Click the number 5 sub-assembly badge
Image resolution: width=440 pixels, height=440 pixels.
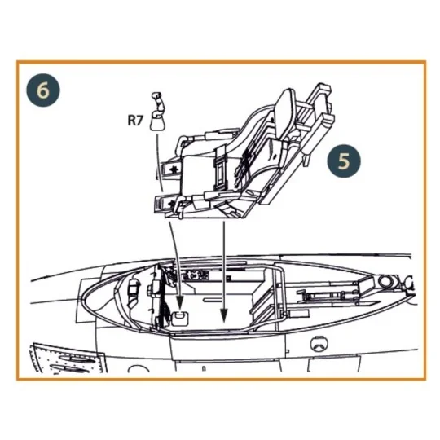tap(345, 161)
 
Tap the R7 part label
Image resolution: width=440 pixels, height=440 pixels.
tap(136, 121)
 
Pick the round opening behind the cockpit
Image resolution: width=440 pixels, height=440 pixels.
tap(383, 281)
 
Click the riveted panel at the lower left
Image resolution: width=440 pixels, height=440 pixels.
tap(61, 362)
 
